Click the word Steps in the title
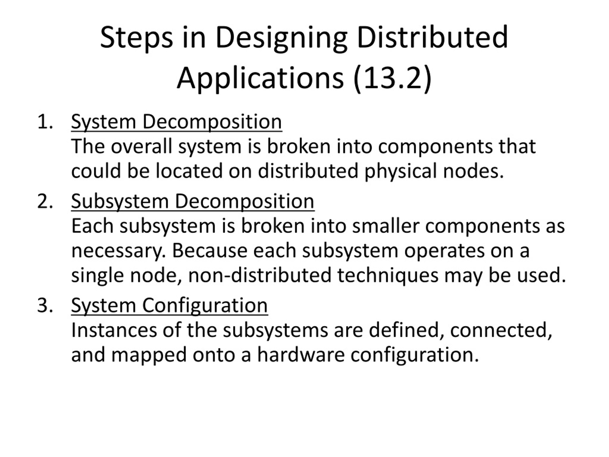click(136, 38)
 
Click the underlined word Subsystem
click(120, 201)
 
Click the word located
click(189, 171)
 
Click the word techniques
click(388, 275)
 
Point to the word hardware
click(301, 355)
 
